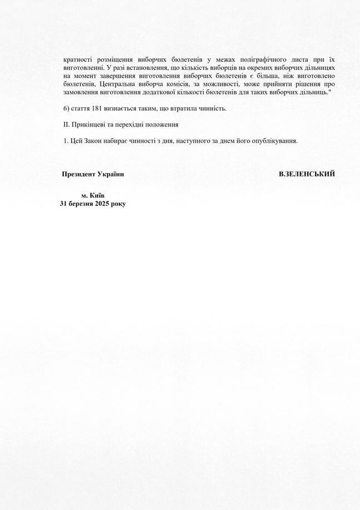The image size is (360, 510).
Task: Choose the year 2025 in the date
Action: tap(103, 204)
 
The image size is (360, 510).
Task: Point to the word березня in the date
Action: tap(81, 204)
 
